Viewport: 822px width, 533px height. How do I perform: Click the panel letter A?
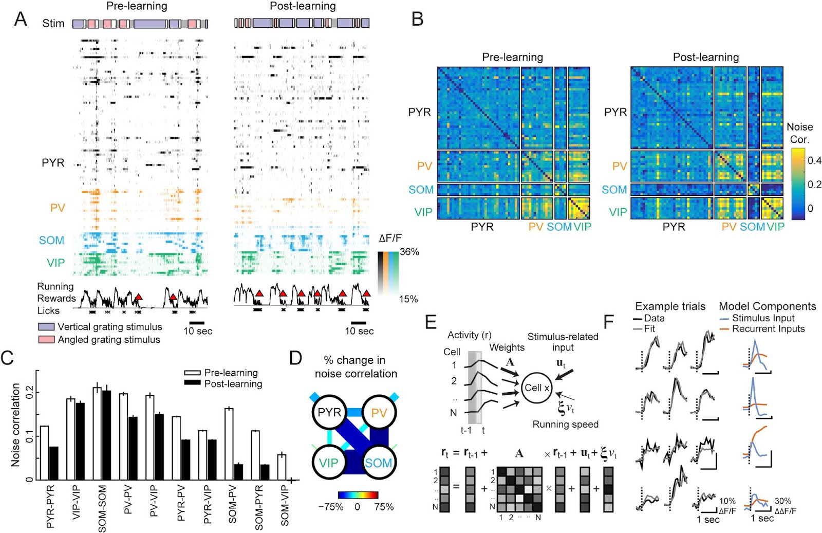click(20, 19)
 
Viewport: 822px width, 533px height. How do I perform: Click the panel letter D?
click(296, 358)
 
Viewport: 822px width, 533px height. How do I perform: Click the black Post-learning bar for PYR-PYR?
click(54, 463)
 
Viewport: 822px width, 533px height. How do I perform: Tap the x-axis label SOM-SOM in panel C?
click(102, 508)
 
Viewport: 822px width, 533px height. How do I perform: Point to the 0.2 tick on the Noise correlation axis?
click(29, 392)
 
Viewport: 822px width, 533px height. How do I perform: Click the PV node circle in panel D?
click(379, 413)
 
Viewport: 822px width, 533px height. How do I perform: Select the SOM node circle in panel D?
click(379, 463)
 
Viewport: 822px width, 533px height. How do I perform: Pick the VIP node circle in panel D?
click(329, 463)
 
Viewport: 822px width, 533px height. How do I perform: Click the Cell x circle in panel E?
click(536, 388)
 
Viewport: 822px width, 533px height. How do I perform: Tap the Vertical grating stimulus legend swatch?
click(46, 327)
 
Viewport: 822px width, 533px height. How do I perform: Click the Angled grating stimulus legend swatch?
click(46, 340)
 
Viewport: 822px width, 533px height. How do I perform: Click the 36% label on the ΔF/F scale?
click(409, 252)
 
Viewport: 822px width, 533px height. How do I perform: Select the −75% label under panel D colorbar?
click(330, 507)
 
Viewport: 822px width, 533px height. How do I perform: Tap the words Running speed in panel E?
click(565, 425)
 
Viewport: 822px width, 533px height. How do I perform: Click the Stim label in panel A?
click(53, 24)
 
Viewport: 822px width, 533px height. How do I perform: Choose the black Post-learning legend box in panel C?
click(193, 383)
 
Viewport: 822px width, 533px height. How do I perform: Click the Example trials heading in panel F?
click(670, 306)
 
